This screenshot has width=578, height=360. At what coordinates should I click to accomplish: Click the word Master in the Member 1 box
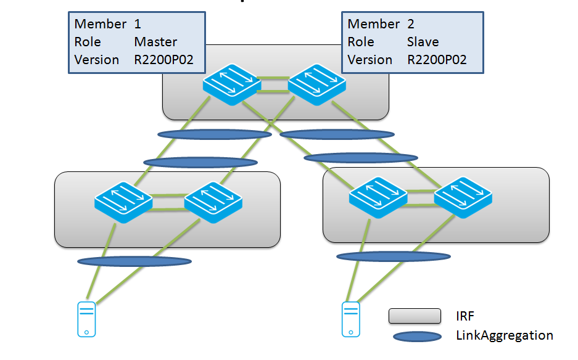point(155,42)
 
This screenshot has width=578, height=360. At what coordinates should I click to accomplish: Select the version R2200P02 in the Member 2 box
point(437,60)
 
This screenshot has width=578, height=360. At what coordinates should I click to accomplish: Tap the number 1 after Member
point(138,24)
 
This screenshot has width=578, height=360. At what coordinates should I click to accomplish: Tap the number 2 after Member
point(411,24)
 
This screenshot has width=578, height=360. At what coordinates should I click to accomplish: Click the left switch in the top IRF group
point(231,84)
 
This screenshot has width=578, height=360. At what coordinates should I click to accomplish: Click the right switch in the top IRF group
point(316,84)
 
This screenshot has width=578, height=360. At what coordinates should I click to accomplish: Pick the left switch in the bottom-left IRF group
point(123,202)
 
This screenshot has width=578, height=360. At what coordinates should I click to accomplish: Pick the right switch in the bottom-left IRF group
point(213,202)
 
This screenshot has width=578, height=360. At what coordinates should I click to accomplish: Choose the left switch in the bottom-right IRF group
point(378,197)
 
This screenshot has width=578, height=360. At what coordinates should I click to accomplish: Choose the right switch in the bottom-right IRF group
point(463,197)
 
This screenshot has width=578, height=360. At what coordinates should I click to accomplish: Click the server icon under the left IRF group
point(86,319)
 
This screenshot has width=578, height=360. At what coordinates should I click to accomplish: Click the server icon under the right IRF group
point(350,319)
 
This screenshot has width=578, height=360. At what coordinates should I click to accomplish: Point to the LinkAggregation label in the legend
point(504,335)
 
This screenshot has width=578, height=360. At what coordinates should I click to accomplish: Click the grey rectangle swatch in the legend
point(415,316)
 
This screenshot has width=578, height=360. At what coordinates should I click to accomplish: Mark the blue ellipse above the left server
point(134,261)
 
